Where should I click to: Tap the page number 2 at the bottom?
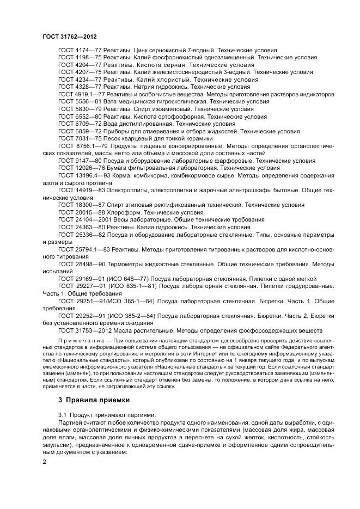pyautogui.click(x=45, y=462)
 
